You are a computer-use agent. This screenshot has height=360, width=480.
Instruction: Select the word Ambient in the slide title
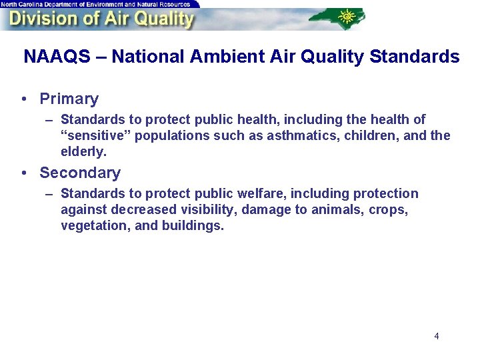click(218, 57)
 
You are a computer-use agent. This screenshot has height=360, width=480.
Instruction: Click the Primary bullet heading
click(69, 99)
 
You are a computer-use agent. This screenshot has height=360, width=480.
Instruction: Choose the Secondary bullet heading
click(80, 173)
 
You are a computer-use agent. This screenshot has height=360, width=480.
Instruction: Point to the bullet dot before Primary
click(24, 99)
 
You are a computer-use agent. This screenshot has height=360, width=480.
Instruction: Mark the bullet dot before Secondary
click(24, 173)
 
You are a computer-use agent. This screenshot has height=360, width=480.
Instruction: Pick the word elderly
click(83, 152)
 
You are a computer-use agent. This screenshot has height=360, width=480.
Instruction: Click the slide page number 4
click(437, 336)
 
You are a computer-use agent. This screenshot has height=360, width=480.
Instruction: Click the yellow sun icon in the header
click(347, 15)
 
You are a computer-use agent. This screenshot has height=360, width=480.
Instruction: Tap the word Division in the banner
click(40, 19)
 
